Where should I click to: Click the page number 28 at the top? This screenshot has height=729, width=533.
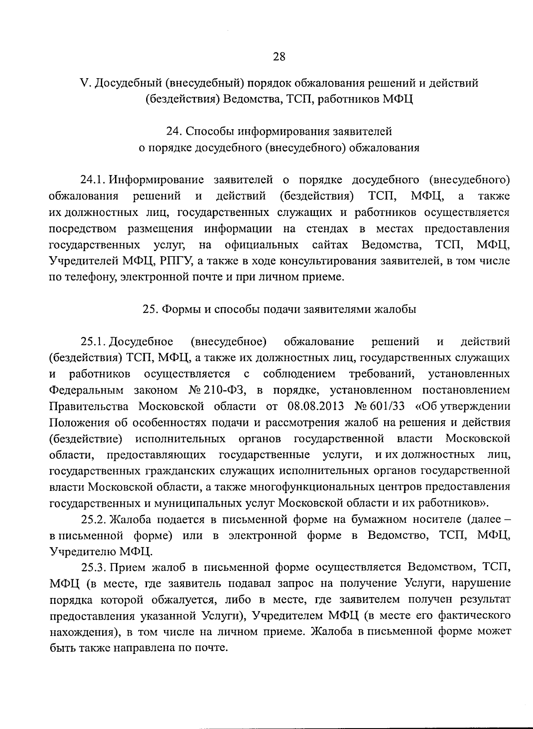click(279, 56)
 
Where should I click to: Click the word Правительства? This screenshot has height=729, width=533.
click(89, 406)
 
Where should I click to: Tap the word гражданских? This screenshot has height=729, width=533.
click(175, 471)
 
